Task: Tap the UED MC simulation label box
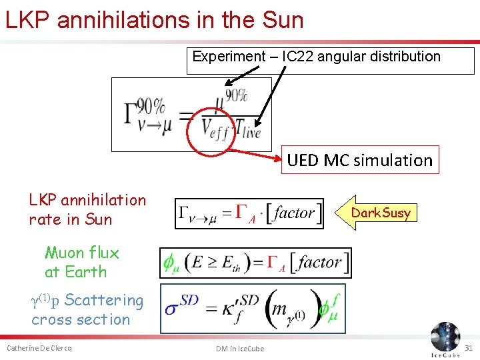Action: pyautogui.click(x=360, y=160)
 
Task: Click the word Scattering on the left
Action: pyautogui.click(x=104, y=301)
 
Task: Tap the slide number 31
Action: pyautogui.click(x=468, y=349)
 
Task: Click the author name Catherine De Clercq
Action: pyautogui.click(x=39, y=349)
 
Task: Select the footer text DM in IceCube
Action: pyautogui.click(x=240, y=349)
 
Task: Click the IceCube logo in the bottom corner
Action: pyautogui.click(x=445, y=339)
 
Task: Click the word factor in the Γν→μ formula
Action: pyautogui.click(x=294, y=213)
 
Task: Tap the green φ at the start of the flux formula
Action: pyautogui.click(x=171, y=263)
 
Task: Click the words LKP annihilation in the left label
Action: pyautogui.click(x=87, y=200)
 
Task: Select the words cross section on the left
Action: pyautogui.click(x=81, y=319)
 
